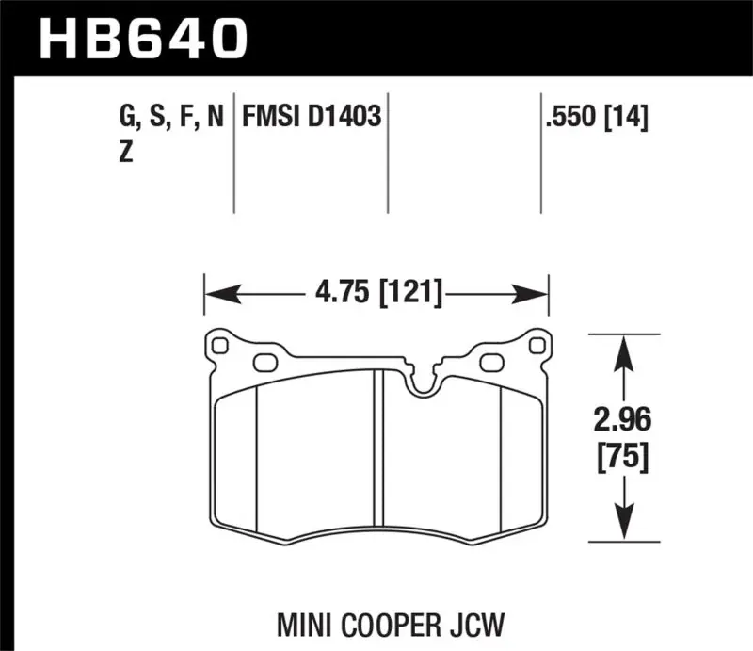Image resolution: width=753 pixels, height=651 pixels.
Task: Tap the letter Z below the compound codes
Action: (x=125, y=153)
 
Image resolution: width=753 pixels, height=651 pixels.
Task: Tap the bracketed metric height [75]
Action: (x=619, y=458)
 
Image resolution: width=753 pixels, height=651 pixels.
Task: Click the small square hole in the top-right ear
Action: (x=537, y=346)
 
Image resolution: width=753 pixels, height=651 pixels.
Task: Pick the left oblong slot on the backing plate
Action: (x=264, y=362)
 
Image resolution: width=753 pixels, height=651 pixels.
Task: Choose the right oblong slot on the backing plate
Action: (x=490, y=362)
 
